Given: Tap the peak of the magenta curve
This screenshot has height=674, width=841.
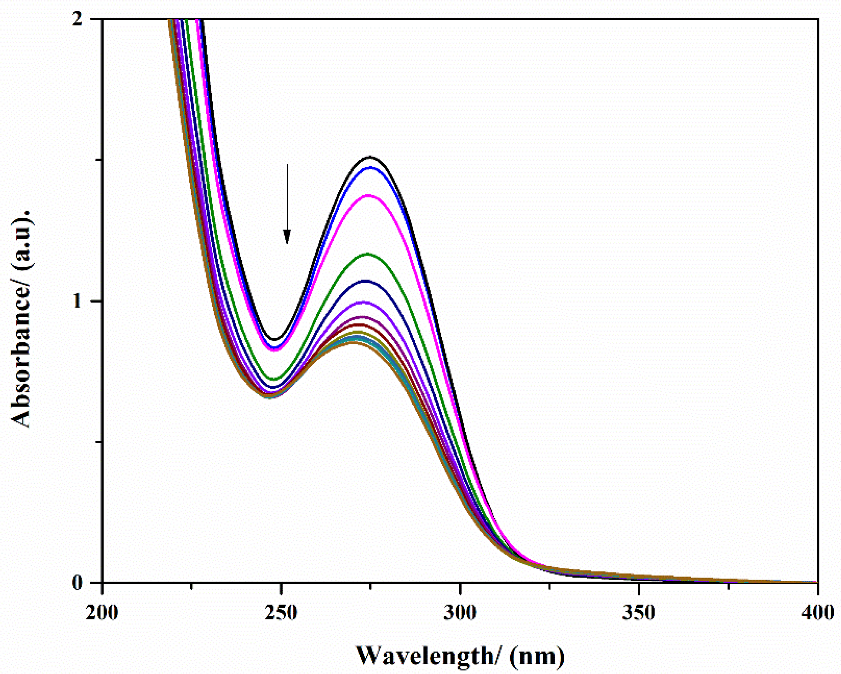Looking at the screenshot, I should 369,195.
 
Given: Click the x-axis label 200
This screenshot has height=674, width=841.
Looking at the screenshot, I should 102,613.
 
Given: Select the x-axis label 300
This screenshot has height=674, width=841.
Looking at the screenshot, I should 460,613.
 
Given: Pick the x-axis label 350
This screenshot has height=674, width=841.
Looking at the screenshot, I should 638,613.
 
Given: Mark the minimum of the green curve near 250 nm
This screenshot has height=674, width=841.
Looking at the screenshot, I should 274,379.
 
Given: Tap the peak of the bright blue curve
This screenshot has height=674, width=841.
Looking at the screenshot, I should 369,168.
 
